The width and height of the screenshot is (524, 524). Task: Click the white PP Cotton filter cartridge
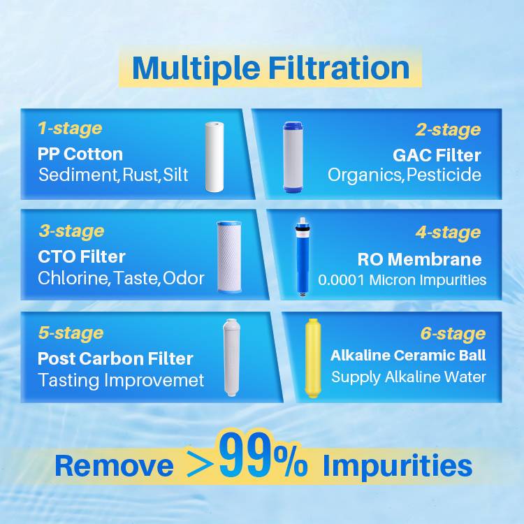pyautogui.click(x=214, y=157)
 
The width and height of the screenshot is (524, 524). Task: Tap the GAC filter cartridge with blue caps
pyautogui.click(x=293, y=157)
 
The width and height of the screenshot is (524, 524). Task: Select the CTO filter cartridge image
pyautogui.click(x=229, y=256)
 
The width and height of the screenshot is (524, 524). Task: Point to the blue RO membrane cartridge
pyautogui.click(x=303, y=257)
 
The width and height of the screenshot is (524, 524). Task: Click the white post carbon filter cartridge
pyautogui.click(x=231, y=358)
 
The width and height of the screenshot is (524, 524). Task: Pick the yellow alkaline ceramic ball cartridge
pyautogui.click(x=313, y=358)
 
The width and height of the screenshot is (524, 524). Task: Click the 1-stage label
pyautogui.click(x=70, y=129)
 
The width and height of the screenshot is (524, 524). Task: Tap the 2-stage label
pyautogui.click(x=448, y=131)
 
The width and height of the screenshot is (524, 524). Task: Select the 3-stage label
pyautogui.click(x=71, y=231)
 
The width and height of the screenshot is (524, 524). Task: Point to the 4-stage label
pyautogui.click(x=448, y=233)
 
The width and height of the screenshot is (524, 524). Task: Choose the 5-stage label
pyautogui.click(x=71, y=333)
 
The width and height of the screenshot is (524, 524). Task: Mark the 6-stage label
pyautogui.click(x=453, y=334)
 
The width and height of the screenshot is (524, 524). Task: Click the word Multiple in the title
pyautogui.click(x=196, y=69)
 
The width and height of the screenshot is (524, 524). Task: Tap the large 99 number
pyautogui.click(x=246, y=455)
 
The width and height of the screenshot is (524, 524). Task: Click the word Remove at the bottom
pyautogui.click(x=115, y=466)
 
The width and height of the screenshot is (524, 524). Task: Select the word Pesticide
pyautogui.click(x=444, y=175)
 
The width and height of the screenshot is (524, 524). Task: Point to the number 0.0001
pyautogui.click(x=341, y=280)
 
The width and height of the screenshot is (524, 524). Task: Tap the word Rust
pyautogui.click(x=140, y=175)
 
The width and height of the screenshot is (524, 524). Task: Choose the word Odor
pyautogui.click(x=184, y=278)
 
